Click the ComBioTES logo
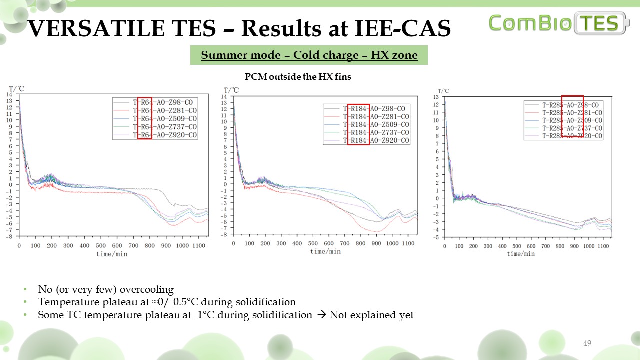pyautogui.click(x=559, y=23)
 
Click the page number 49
pyautogui.click(x=587, y=343)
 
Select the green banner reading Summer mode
pyautogui.click(x=309, y=55)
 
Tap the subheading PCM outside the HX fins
pyautogui.click(x=298, y=77)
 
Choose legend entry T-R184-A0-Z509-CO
pyautogui.click(x=376, y=124)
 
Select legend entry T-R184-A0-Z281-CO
pyautogui.click(x=376, y=116)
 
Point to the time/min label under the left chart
pyautogui.click(x=112, y=254)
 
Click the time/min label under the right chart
pyautogui.click(x=521, y=254)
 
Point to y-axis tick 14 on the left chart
pyautogui.click(x=9, y=95)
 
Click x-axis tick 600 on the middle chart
pyautogui.click(x=329, y=243)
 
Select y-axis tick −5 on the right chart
pyautogui.click(x=436, y=238)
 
